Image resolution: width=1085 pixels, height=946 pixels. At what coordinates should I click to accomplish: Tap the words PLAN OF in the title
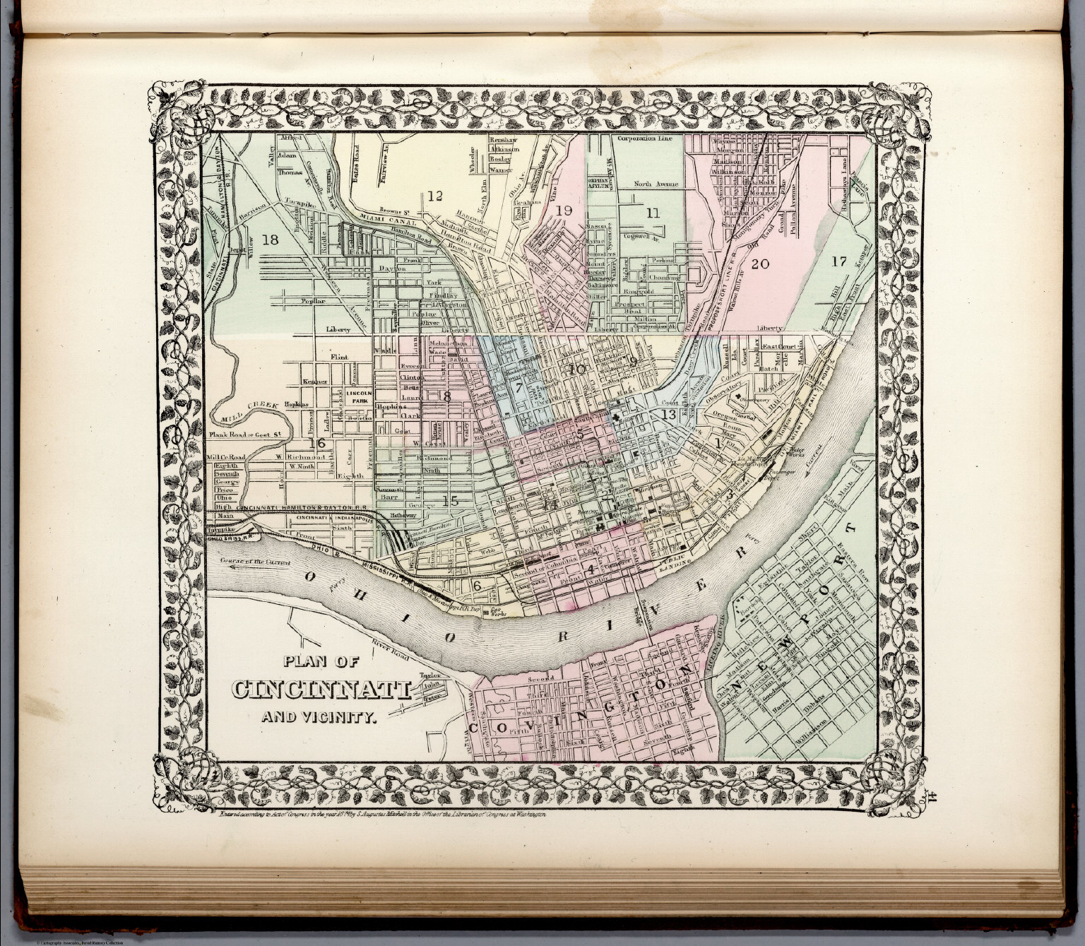pos(322,662)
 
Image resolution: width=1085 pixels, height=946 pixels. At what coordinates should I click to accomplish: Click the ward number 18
pos(271,240)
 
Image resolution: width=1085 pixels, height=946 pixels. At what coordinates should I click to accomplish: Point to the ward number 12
pos(434,196)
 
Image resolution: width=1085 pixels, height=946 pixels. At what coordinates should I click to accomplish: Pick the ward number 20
pos(760,264)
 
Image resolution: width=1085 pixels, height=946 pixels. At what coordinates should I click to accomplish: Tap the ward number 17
pos(838,261)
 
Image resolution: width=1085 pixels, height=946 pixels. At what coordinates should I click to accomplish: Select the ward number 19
pos(564,211)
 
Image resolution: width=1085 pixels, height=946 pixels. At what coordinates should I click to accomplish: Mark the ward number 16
pos(317,443)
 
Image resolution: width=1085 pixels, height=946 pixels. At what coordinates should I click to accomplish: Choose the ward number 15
pos(451,501)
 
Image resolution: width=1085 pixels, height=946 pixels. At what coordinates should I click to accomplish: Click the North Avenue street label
pos(656,184)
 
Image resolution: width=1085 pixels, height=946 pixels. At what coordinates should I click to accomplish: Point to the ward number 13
pos(668,414)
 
